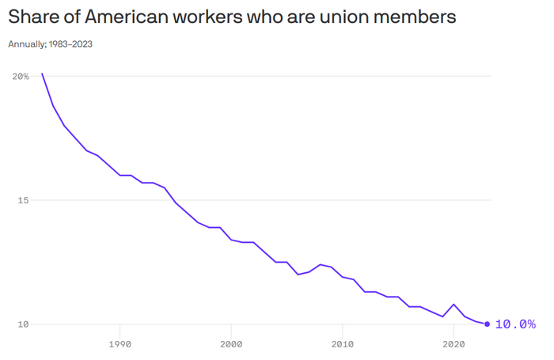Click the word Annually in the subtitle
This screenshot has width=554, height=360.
click(x=25, y=44)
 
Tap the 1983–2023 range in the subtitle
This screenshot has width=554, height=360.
click(x=70, y=44)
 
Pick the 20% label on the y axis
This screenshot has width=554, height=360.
click(x=21, y=76)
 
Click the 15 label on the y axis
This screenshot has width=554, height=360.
click(x=23, y=200)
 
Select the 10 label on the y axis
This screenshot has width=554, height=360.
click(x=23, y=324)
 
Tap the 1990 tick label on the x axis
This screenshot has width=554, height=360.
click(x=120, y=344)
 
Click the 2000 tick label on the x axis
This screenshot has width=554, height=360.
click(x=231, y=344)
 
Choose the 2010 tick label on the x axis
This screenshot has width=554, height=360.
click(x=343, y=344)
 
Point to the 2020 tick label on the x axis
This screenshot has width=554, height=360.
click(x=453, y=344)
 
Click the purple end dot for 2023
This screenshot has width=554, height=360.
click(x=487, y=324)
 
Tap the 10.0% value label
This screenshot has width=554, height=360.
click(x=515, y=324)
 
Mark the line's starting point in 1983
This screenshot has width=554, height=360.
click(x=42, y=74)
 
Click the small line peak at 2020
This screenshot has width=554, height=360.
click(x=453, y=305)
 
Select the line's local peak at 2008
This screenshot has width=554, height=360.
click(x=320, y=264)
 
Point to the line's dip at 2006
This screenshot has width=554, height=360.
click(x=298, y=275)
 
